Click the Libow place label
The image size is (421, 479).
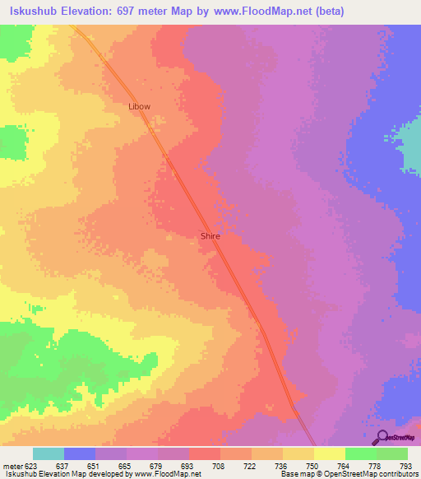point(139,107)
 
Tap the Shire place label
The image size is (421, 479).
point(210,235)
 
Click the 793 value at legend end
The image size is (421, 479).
point(406,465)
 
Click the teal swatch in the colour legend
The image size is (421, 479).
point(49,453)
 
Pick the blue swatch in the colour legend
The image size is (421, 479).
point(80,453)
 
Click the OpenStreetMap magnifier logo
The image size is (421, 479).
point(382,437)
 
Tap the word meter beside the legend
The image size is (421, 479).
point(12,465)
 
